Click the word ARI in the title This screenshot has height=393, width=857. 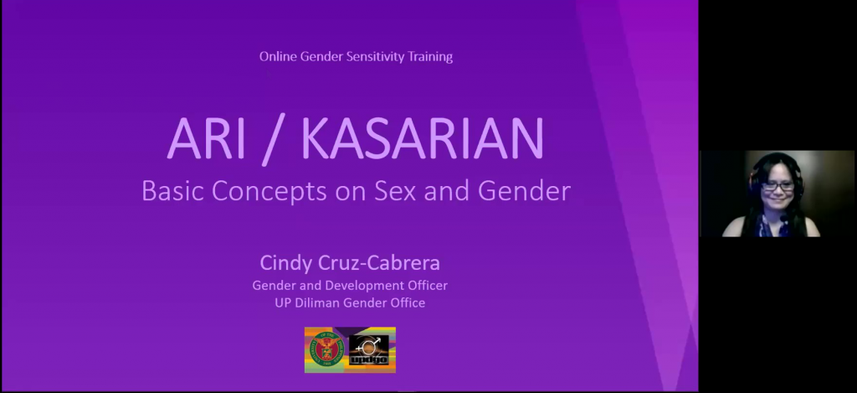(206, 138)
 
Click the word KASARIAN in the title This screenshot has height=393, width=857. (423, 138)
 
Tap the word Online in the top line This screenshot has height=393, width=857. (278, 56)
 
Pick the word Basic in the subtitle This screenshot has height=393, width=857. (173, 190)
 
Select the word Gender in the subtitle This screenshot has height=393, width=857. (524, 190)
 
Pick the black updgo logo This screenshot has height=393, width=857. (369, 349)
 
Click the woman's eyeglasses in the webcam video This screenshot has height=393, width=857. (777, 187)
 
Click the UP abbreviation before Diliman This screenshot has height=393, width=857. (283, 303)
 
